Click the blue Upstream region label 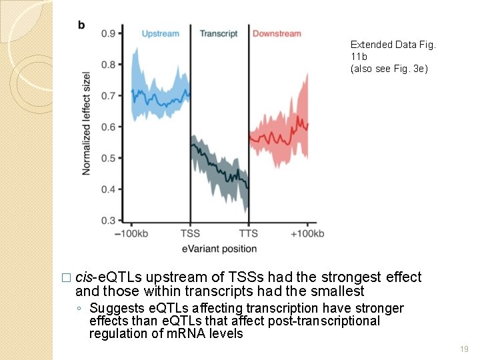160,33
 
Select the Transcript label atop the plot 219,33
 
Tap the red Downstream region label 277,33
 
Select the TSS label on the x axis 190,234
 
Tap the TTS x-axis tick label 248,234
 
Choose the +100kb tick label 307,234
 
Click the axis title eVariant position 219,249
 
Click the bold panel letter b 81,25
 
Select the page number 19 464,349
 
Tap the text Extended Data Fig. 393,45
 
